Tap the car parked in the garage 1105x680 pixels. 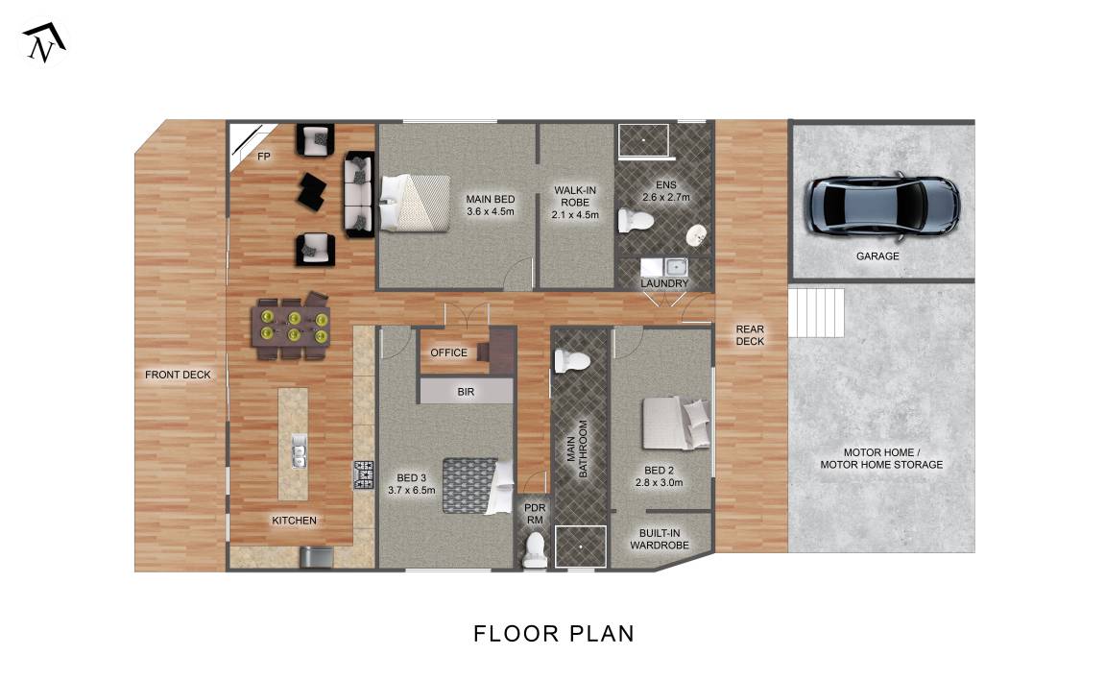(x=882, y=205)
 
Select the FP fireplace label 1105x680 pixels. (x=264, y=157)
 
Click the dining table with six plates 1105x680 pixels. (x=291, y=327)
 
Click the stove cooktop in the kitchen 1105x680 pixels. (x=364, y=474)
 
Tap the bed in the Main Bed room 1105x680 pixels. (x=415, y=203)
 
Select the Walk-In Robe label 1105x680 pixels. (x=575, y=203)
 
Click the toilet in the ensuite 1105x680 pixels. (x=636, y=221)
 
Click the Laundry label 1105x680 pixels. (x=663, y=283)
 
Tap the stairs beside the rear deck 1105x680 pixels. (x=816, y=313)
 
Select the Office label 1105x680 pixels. (x=449, y=352)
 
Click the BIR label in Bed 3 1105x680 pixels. (x=466, y=392)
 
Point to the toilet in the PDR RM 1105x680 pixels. (x=535, y=549)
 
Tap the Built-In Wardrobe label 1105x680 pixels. (x=660, y=539)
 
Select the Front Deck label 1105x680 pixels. (x=178, y=375)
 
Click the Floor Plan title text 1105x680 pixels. (x=554, y=634)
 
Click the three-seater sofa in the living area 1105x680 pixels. (x=359, y=194)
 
